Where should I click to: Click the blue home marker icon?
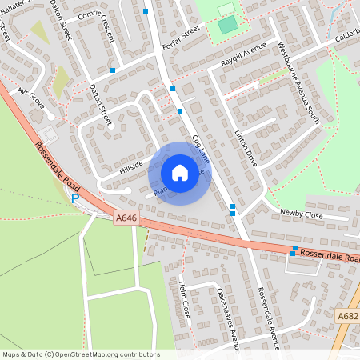point(180,173)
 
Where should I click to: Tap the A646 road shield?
point(126,217)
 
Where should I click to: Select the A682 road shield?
point(347,316)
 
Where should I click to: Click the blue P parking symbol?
point(75,198)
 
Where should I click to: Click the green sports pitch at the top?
point(228,24)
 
